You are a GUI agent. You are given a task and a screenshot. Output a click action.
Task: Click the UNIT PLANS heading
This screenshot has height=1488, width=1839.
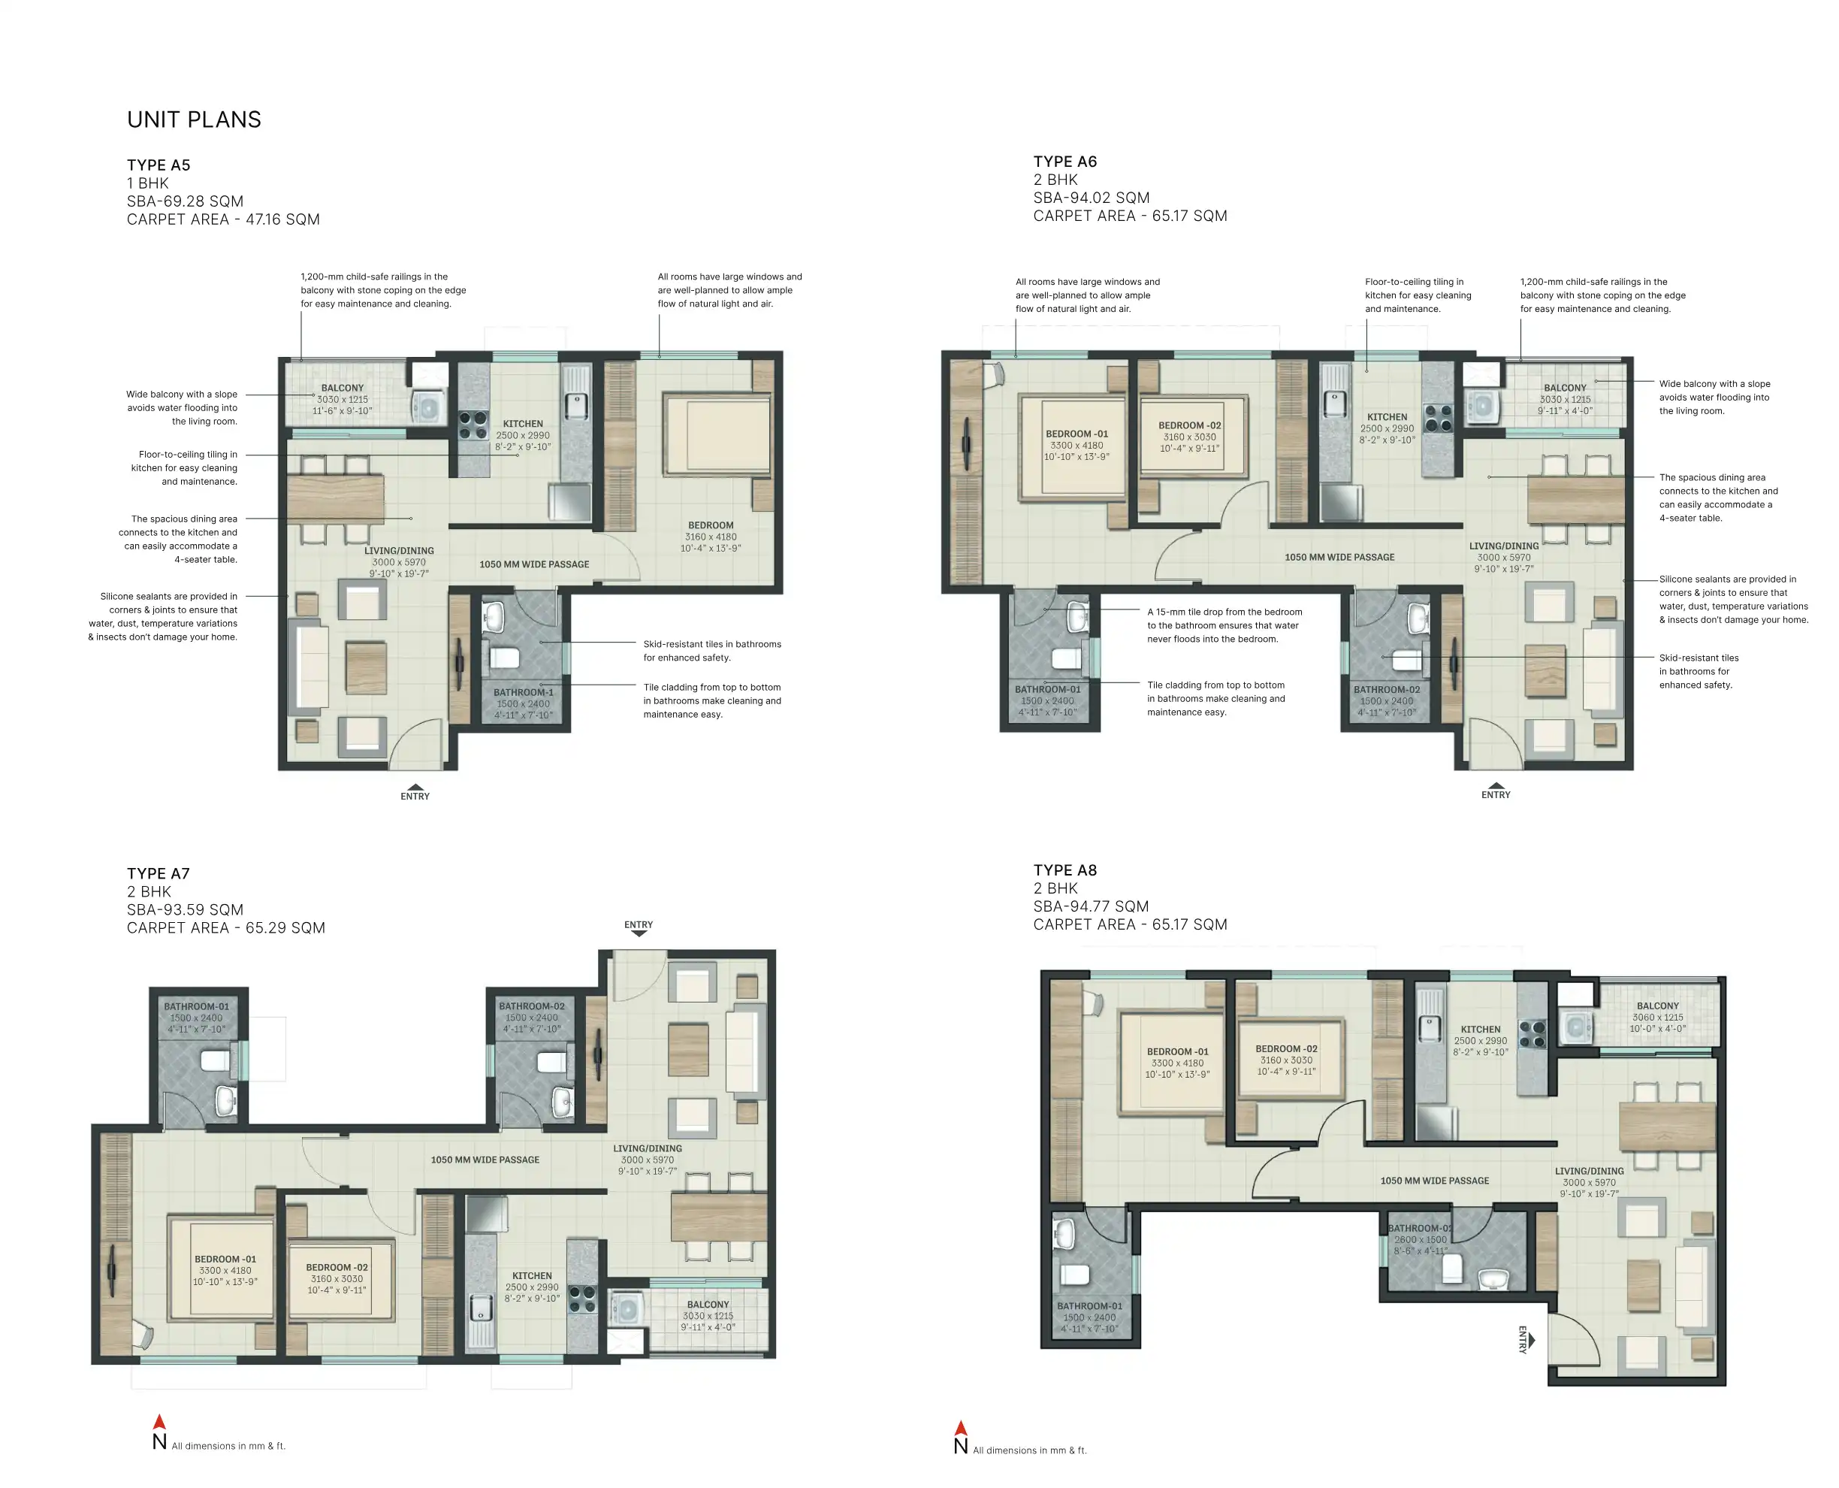coord(194,120)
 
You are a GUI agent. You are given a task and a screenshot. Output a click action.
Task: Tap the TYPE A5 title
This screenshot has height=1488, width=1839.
coord(159,165)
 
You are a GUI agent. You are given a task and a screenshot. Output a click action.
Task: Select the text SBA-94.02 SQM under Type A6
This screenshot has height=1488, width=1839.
coord(1091,198)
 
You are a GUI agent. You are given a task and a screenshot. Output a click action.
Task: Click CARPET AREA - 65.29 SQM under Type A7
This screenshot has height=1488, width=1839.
coord(225,927)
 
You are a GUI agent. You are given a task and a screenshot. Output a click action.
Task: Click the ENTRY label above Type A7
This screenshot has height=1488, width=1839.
coord(639,925)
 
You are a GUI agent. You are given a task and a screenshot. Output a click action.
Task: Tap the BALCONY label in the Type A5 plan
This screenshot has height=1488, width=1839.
coord(342,389)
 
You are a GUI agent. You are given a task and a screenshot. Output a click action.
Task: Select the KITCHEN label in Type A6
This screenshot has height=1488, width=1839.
coord(1387,417)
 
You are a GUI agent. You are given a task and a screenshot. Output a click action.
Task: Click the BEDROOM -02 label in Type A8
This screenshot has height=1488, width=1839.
coord(1285,1048)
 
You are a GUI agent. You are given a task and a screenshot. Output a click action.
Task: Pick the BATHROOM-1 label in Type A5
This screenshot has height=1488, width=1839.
coord(523,693)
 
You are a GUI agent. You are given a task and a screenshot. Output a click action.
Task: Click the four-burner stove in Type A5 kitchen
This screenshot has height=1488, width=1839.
coord(473,425)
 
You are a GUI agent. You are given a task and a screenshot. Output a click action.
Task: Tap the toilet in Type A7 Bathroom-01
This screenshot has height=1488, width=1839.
coord(215,1061)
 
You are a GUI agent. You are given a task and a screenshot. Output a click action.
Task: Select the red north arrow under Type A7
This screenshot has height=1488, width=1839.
coord(159,1422)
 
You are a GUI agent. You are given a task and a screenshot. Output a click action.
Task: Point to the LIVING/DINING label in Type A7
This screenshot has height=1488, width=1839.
coord(647,1148)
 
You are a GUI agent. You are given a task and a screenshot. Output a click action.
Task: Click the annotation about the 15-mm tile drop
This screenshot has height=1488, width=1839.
coord(1224,626)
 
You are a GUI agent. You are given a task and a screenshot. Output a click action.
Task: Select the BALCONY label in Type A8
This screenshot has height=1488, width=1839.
coord(1657,1006)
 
